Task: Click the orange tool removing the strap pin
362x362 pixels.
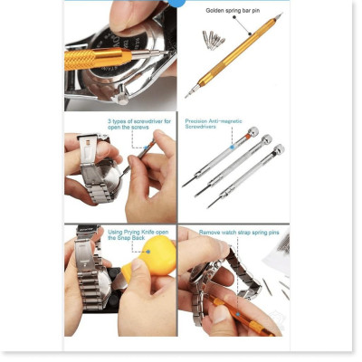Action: point(244,321)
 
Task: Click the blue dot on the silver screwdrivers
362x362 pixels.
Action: point(233,142)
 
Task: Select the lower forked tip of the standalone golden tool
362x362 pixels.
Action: point(187,95)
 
